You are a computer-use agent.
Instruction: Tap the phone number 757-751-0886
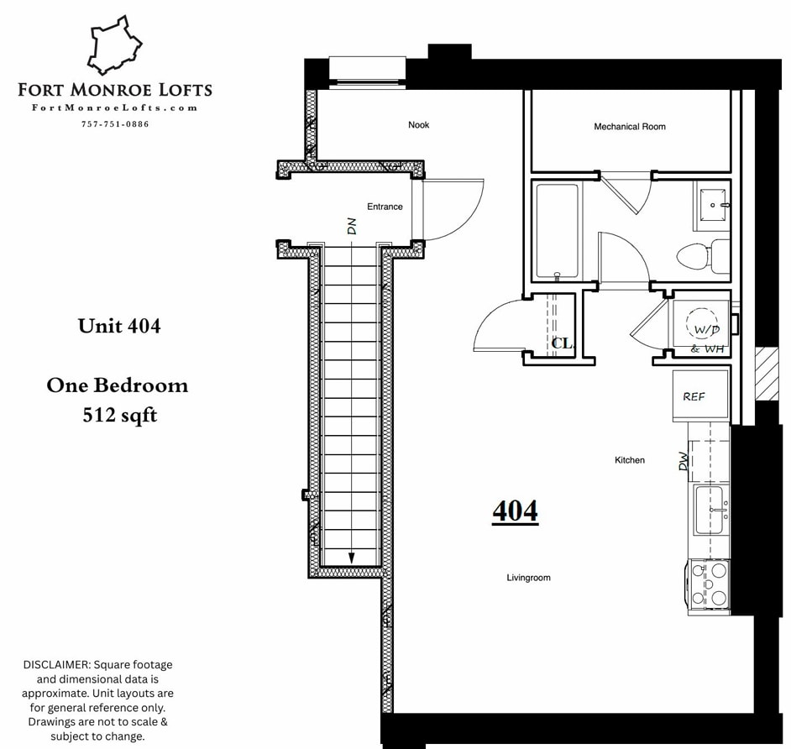115,124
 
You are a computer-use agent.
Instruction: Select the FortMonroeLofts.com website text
115,107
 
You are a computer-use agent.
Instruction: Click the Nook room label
418,125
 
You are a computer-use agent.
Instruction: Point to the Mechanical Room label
630,127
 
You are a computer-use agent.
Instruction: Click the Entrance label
385,207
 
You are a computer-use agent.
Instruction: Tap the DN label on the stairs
352,226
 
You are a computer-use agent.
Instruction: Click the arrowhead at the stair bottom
352,558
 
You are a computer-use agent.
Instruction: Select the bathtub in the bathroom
558,232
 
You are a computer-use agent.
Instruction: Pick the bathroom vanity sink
713,205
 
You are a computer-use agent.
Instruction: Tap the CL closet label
562,343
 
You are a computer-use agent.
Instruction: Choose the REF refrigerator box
694,396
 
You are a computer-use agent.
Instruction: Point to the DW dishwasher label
684,461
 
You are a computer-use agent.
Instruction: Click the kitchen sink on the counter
710,510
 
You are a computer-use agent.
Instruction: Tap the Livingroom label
528,578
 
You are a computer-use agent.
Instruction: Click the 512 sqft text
119,414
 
